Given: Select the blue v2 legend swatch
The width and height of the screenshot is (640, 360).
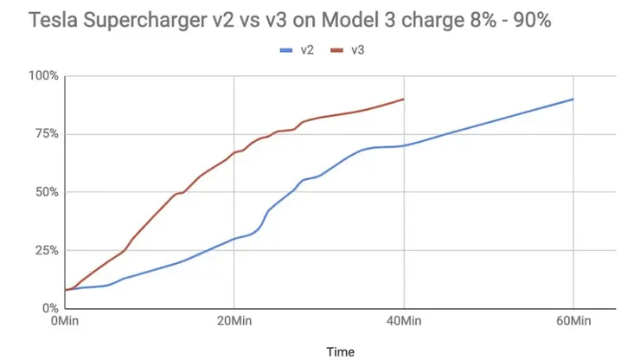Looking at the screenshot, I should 287,51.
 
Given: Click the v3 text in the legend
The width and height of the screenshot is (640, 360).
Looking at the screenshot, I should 357,51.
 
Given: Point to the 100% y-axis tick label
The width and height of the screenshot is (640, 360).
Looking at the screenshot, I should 43,76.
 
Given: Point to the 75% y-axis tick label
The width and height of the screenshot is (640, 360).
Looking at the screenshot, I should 46,134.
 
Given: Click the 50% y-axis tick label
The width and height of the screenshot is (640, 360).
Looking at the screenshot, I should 46,192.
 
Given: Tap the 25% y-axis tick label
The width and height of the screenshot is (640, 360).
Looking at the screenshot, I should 46,250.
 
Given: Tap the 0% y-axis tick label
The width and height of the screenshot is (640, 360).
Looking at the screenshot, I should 49,308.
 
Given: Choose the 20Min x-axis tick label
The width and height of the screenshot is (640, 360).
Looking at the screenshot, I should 234,322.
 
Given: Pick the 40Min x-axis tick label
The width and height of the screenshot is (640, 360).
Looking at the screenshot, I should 404,322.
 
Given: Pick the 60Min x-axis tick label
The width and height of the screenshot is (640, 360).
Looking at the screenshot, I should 573,322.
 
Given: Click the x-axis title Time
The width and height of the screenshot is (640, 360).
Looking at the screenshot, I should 340,351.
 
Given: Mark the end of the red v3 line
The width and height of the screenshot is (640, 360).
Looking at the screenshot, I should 404,99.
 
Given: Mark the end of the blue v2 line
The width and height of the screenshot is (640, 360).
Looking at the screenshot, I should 573,99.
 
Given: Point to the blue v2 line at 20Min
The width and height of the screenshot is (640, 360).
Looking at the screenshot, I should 234,238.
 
